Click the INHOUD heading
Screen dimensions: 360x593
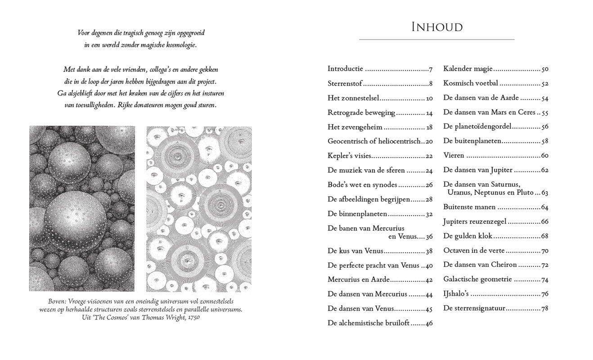coord(437,27)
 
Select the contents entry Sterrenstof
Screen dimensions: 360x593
coord(344,84)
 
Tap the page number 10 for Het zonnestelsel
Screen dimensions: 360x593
coord(429,99)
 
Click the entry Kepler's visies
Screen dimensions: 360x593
coord(350,156)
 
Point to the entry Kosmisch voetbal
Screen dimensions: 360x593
coord(470,84)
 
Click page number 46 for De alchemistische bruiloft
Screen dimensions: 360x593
coord(429,323)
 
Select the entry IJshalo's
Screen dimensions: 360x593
coord(456,294)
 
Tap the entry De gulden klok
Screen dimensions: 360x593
coord(468,236)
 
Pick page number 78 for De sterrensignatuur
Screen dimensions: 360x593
coord(545,309)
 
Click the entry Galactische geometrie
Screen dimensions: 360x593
coord(477,279)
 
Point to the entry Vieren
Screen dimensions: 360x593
coord(454,156)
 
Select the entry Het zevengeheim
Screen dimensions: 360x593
coord(355,127)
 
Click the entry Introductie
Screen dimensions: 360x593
coord(345,69)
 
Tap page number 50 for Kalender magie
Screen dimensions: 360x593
coord(545,69)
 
